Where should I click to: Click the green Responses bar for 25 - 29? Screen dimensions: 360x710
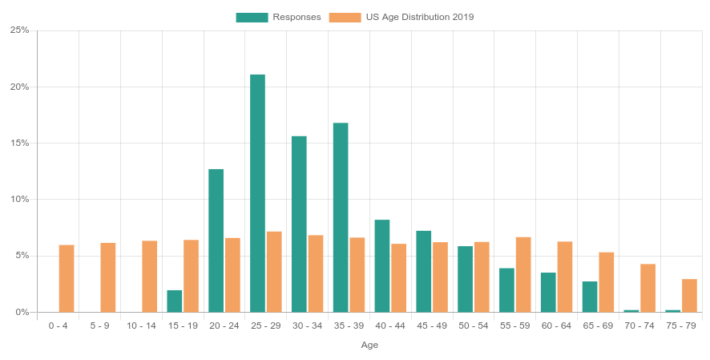257,193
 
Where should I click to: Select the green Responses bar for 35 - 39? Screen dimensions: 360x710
341,217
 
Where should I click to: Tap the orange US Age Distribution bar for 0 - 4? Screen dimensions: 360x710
67,278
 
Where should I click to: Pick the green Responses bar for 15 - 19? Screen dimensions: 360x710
175,301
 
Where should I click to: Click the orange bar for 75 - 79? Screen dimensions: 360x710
689,295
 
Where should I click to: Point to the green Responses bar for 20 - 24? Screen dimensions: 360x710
216,241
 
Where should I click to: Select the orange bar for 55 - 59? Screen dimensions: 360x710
523,274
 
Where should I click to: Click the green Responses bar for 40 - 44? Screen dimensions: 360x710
382,265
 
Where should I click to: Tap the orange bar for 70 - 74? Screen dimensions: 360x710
647,288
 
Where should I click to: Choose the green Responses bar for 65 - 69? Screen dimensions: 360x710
590,297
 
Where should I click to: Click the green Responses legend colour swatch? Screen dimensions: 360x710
252,17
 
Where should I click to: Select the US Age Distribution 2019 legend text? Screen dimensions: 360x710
420,17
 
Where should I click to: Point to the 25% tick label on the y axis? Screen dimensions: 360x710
19,30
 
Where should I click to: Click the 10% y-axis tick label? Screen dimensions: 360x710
19,200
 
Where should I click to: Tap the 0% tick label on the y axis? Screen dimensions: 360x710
22,312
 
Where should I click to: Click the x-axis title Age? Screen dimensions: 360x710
369,345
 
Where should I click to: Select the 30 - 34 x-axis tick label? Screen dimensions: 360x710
308,326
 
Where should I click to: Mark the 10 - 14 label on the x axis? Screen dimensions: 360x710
141,326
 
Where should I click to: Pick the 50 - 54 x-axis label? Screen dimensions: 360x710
474,326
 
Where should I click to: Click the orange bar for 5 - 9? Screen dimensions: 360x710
108,277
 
